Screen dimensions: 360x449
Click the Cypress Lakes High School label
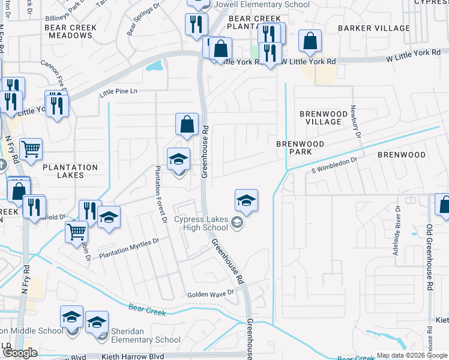pos(201,223)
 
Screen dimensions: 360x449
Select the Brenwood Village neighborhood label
pos(323,118)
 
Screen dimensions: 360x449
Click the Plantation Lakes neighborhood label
pos(70,172)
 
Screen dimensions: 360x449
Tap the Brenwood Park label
pos(300,148)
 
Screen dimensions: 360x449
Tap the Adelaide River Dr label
pos(397,231)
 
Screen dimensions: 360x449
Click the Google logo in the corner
pos(20,353)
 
